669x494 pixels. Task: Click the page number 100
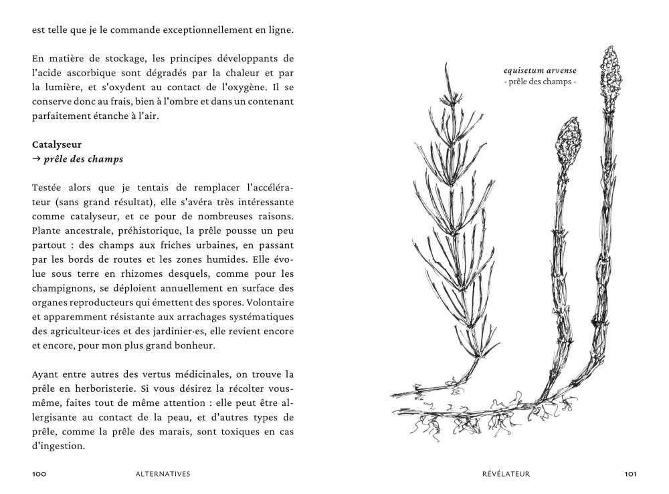click(x=39, y=474)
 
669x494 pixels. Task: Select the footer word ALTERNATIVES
click(x=163, y=474)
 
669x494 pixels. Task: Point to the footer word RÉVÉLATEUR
click(x=506, y=474)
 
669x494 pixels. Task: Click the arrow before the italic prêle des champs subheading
click(x=36, y=160)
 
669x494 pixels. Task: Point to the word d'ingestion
click(x=59, y=447)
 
